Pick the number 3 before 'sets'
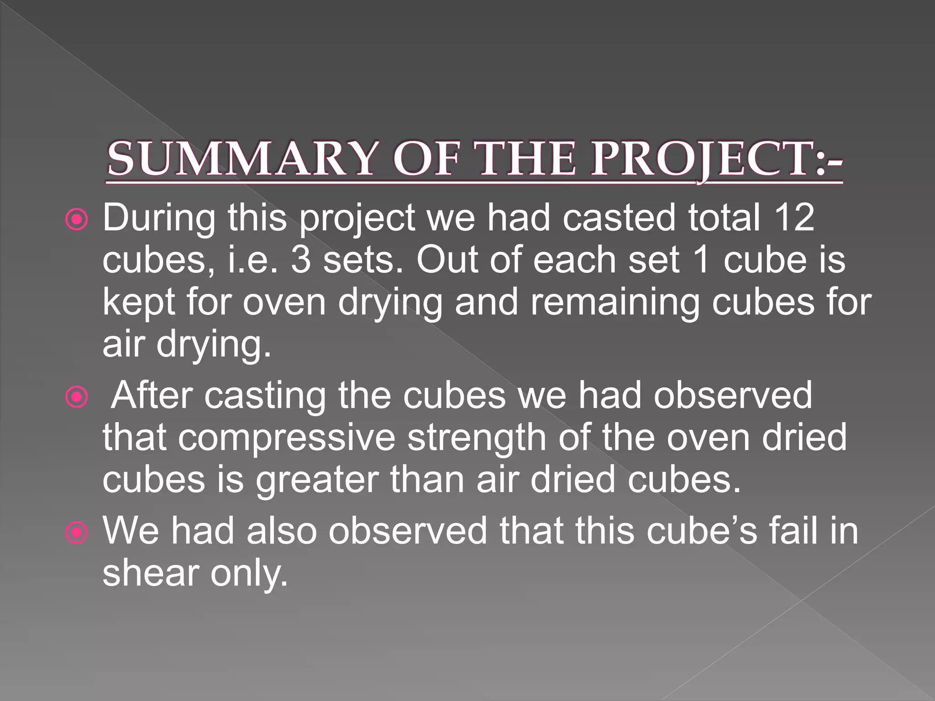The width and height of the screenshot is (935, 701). click(x=301, y=260)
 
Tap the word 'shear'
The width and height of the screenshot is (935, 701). click(x=151, y=573)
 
